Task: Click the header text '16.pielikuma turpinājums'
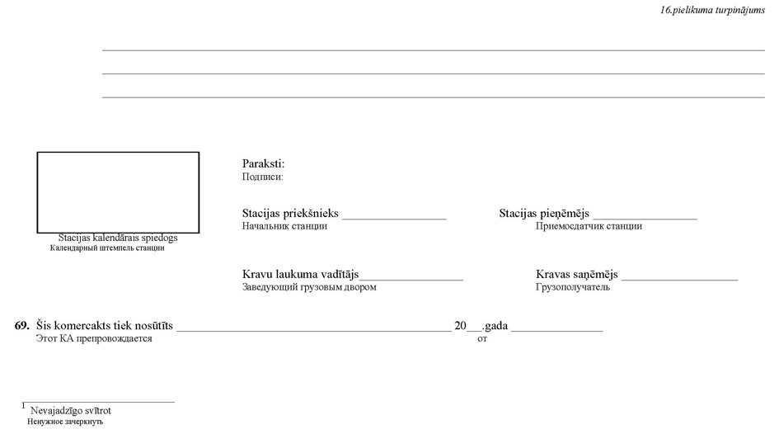712,11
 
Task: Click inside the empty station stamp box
118,192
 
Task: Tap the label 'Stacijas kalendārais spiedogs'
118,238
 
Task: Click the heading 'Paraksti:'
263,163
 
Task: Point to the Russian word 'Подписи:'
263,177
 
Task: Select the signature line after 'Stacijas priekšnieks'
395,219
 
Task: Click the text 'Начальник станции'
284,226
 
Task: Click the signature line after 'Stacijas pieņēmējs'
645,219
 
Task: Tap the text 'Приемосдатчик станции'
589,226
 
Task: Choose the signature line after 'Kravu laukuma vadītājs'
411,280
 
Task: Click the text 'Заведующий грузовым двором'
309,287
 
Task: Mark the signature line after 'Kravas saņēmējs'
679,280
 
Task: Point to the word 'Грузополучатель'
573,287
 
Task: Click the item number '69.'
22,326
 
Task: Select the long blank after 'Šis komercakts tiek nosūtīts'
314,331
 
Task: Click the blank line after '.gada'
557,331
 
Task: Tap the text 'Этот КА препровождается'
94,338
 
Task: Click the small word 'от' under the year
482,339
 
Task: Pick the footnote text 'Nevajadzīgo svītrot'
71,411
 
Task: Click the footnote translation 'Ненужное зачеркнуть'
65,422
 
